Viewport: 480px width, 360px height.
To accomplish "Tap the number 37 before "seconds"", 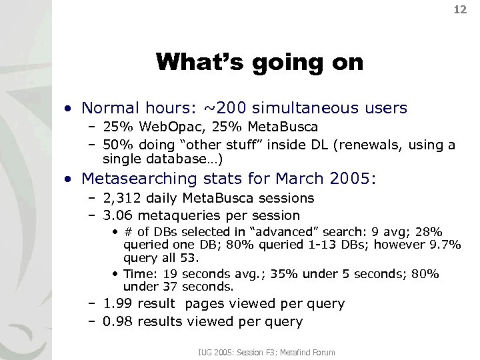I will click(x=169, y=286).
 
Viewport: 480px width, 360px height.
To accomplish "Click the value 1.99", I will click(x=120, y=304).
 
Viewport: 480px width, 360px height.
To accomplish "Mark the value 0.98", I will click(x=120, y=321).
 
